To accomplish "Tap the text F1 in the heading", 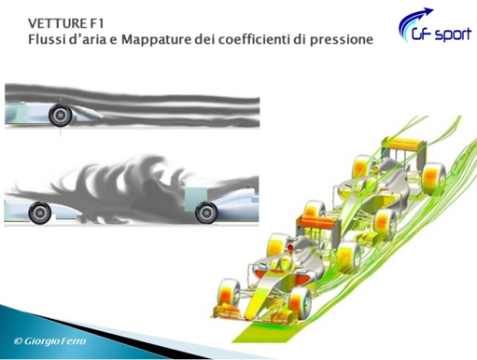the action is coord(98,23).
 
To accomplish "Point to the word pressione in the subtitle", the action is coord(342,40).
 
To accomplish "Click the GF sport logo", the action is coord(435,25).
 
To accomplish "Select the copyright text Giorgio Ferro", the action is coord(49,341).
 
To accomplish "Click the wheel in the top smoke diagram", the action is coord(60,115).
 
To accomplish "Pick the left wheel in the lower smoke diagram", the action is coord(39,213).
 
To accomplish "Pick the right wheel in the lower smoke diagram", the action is coord(206,213).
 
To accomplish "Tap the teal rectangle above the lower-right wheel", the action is coord(196,199).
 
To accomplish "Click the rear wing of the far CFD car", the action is coord(403,145).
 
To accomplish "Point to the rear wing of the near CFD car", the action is coord(318,221).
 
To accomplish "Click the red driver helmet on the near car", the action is coord(290,247).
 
